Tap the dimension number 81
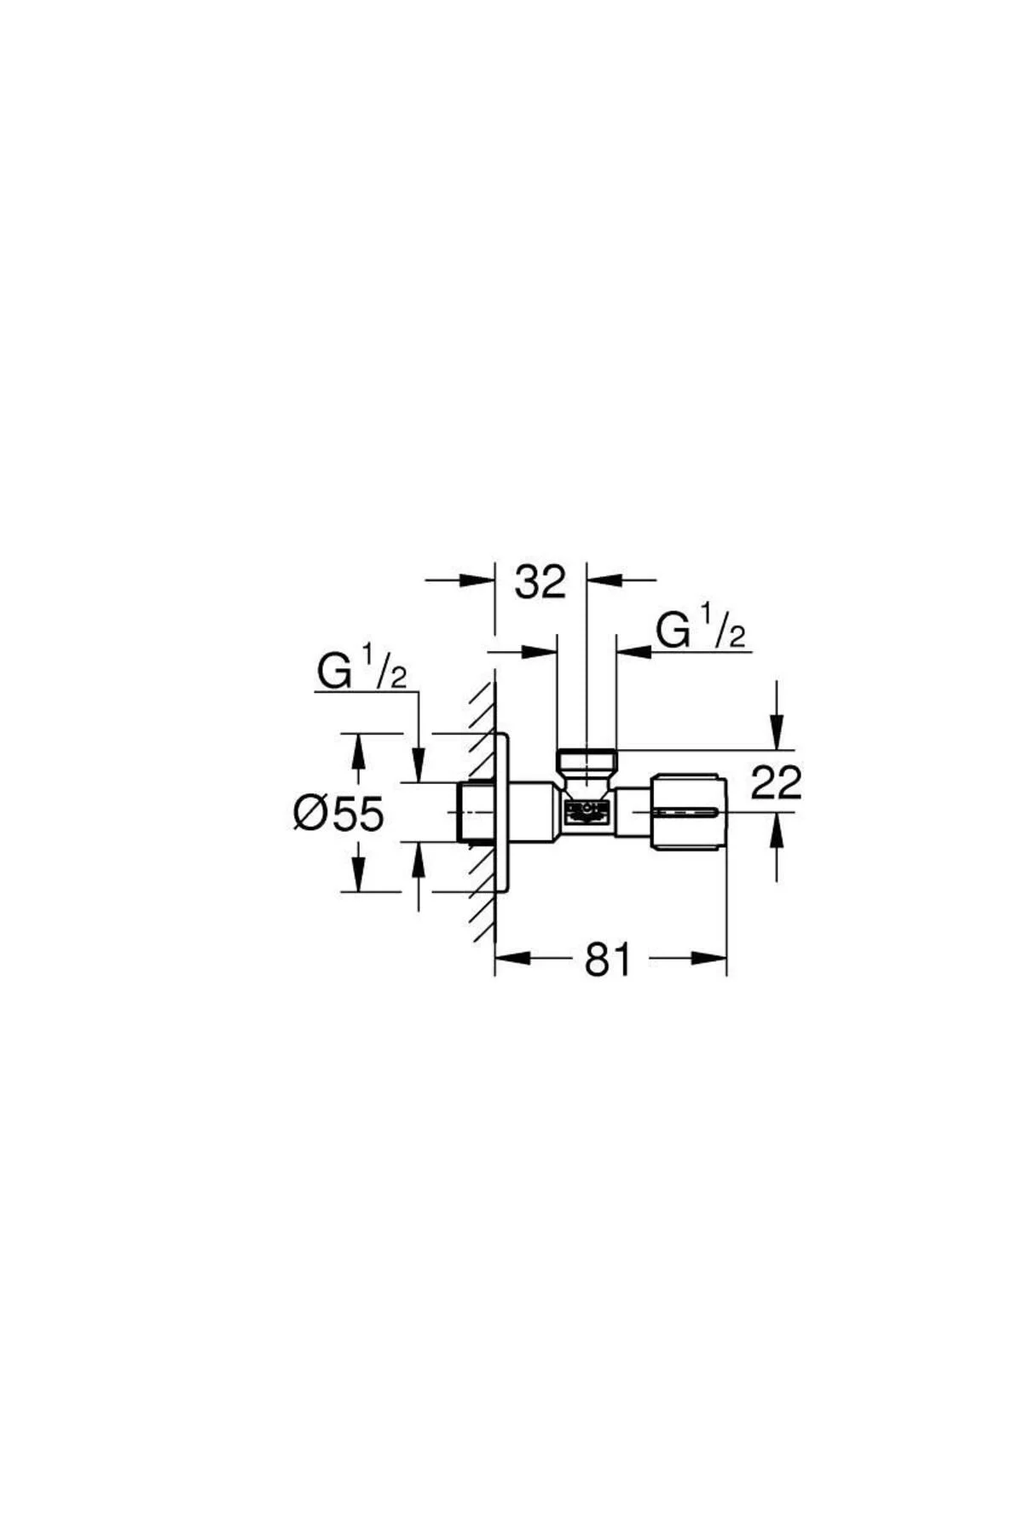point(608,960)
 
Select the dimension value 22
point(776,782)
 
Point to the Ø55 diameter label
point(338,814)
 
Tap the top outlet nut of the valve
point(586,760)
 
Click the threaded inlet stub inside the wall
point(477,812)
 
